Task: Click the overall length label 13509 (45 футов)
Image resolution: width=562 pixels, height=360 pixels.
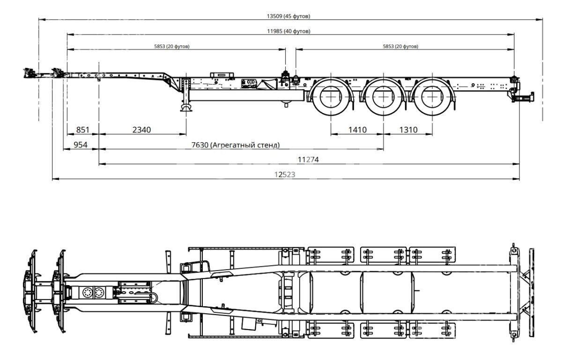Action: (288, 16)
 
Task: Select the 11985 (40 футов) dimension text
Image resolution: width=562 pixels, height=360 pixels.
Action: (288, 31)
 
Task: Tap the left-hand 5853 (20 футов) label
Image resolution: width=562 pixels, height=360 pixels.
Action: (171, 46)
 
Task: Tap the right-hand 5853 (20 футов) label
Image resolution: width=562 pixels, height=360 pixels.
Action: (400, 46)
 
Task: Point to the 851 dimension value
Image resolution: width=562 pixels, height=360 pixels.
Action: (82, 130)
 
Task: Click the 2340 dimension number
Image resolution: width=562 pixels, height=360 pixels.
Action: (141, 130)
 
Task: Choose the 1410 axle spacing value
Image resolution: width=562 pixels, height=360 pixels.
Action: (357, 130)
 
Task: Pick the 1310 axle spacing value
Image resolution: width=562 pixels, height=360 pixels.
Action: (408, 130)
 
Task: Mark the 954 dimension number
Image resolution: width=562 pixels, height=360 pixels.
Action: (80, 145)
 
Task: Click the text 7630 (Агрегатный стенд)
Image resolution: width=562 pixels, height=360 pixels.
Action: (235, 145)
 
